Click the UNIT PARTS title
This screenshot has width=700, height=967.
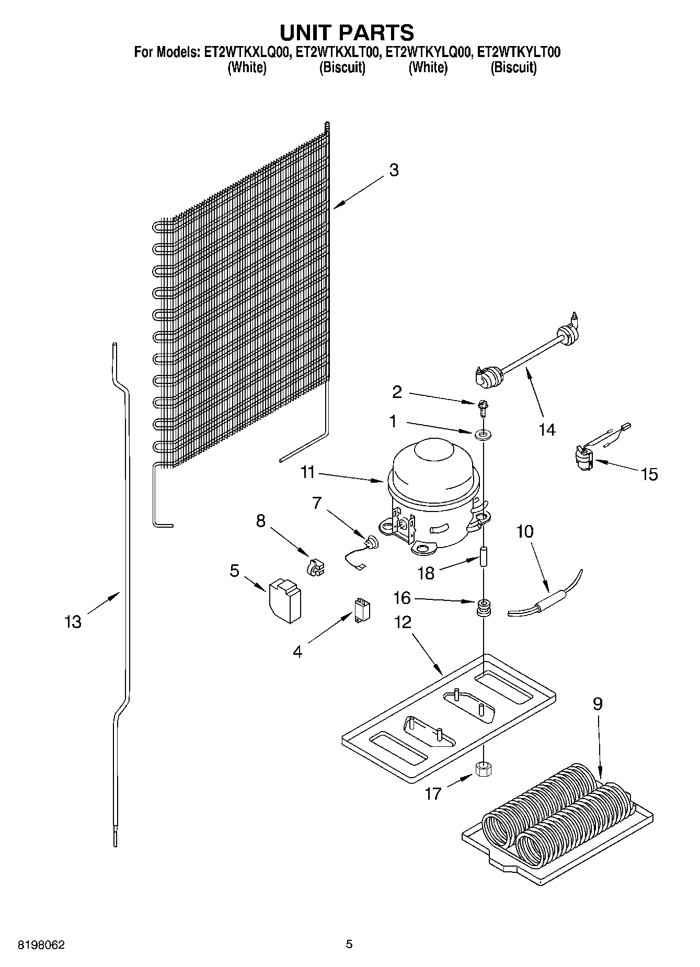pyautogui.click(x=347, y=32)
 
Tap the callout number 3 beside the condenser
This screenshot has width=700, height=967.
pyautogui.click(x=394, y=170)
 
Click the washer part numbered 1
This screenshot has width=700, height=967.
pyautogui.click(x=480, y=434)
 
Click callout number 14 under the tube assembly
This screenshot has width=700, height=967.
pyautogui.click(x=547, y=429)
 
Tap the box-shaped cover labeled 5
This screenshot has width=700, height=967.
pyautogui.click(x=286, y=600)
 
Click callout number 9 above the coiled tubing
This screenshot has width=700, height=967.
pyautogui.click(x=597, y=704)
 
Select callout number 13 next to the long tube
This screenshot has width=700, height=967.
pyautogui.click(x=73, y=622)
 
